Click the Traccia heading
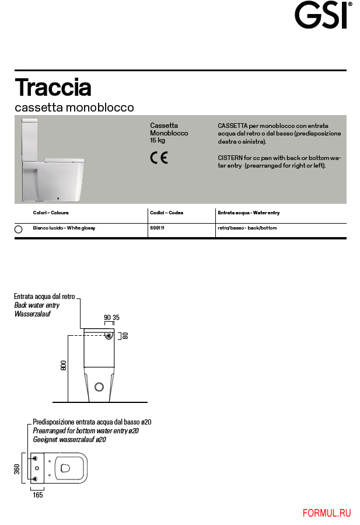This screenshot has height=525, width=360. pyautogui.click(x=53, y=88)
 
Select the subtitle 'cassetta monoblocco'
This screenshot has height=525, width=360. pyautogui.click(x=74, y=108)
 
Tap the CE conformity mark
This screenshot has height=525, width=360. pyautogui.click(x=159, y=158)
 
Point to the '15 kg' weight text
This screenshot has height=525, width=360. pyautogui.click(x=158, y=141)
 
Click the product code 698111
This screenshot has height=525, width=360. pyautogui.click(x=158, y=228)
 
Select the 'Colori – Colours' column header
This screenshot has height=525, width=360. pyautogui.click(x=51, y=213)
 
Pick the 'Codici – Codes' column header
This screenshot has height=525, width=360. pyautogui.click(x=166, y=213)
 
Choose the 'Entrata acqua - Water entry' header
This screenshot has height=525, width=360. pyautogui.click(x=248, y=213)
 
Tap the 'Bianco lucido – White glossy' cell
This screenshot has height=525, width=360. pyautogui.click(x=64, y=228)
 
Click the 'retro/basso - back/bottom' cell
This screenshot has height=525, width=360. pyautogui.click(x=247, y=228)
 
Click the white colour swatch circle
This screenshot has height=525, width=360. pyautogui.click(x=18, y=230)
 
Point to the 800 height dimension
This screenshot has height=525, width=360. pyautogui.click(x=63, y=366)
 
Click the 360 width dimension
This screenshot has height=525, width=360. pyautogui.click(x=17, y=469)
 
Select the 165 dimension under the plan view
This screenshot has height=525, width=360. pyautogui.click(x=37, y=495)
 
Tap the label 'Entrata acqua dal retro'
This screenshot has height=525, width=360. pyautogui.click(x=44, y=297)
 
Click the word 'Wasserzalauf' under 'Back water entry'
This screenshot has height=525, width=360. pyautogui.click(x=33, y=314)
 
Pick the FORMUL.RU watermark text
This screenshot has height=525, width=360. pyautogui.click(x=327, y=513)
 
